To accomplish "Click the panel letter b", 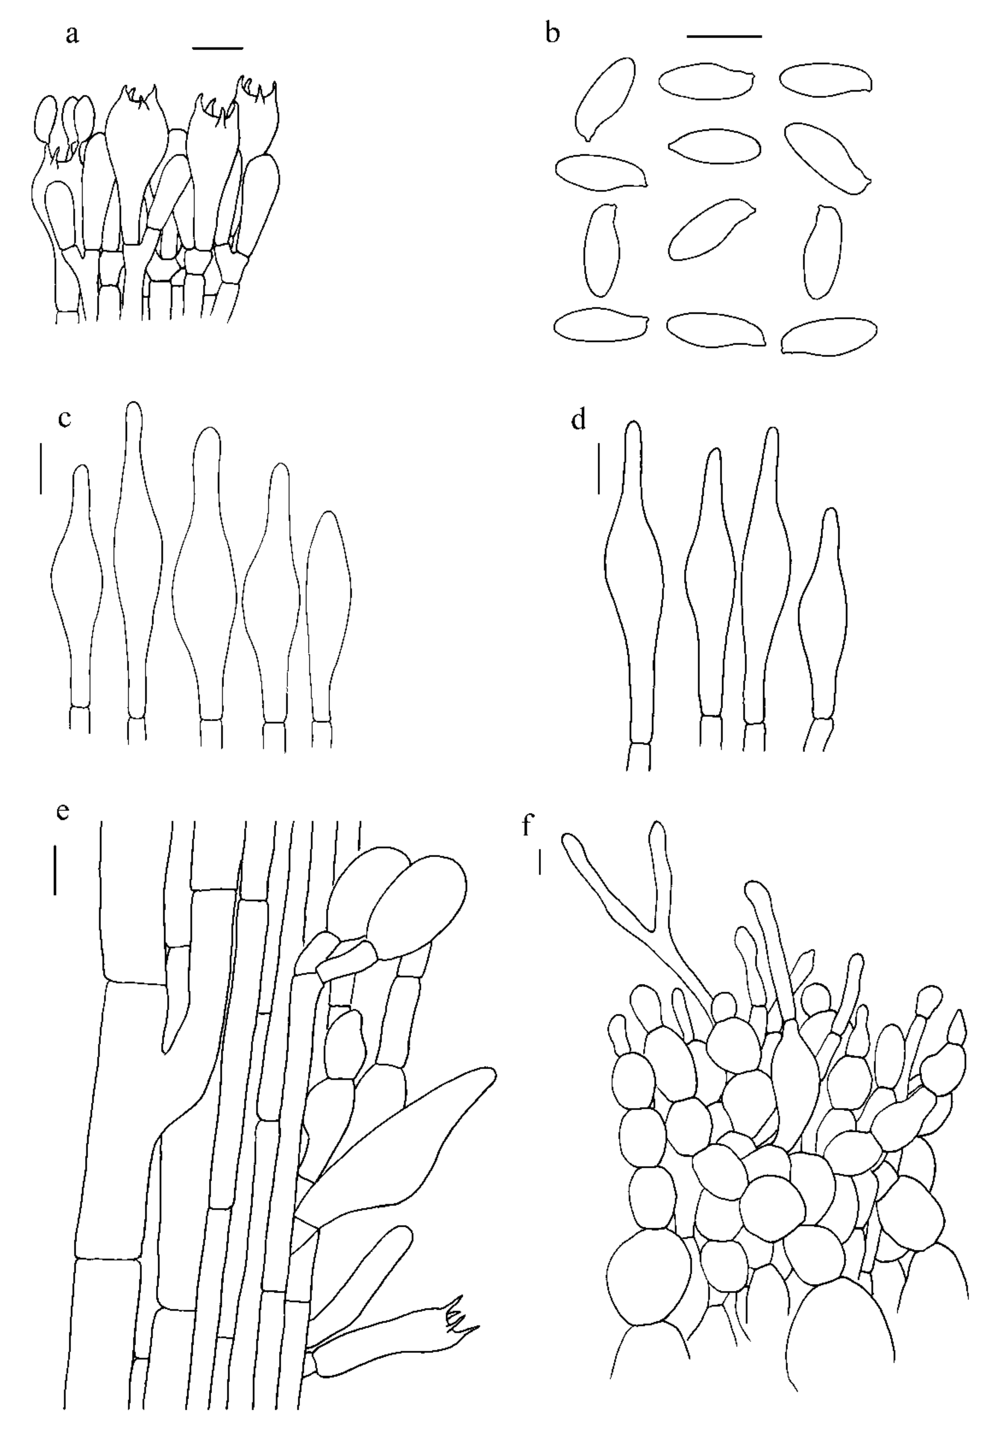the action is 552,32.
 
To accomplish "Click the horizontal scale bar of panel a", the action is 217,47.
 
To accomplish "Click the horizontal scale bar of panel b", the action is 724,36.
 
